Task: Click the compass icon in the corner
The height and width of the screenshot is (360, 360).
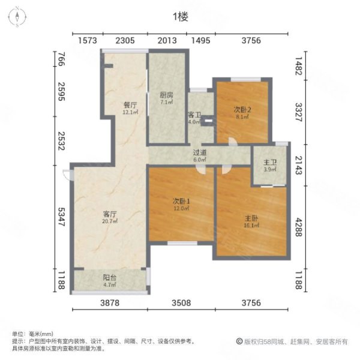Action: click(x=18, y=17)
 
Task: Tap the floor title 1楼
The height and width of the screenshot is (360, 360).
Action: click(x=180, y=17)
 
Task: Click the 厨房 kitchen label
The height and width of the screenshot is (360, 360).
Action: click(x=166, y=95)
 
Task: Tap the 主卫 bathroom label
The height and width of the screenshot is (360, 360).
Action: click(x=269, y=162)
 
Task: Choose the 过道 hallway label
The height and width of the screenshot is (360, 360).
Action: click(x=200, y=153)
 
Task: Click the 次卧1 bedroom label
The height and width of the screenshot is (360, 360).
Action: click(x=181, y=201)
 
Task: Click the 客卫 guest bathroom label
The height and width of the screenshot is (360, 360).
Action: click(x=194, y=114)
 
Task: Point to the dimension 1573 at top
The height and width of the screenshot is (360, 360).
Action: click(x=88, y=40)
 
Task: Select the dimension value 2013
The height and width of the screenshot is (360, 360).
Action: click(x=168, y=40)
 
